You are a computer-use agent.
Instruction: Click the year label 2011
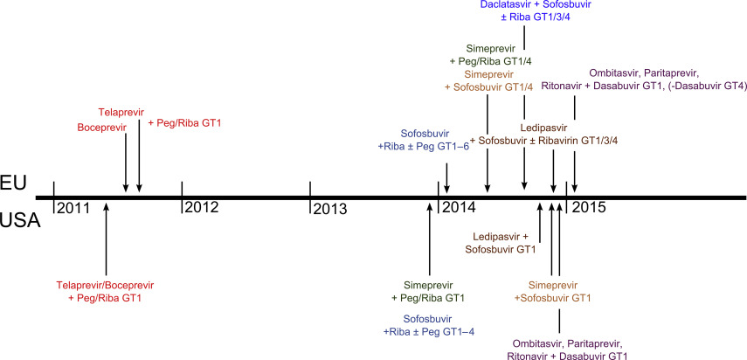(73, 208)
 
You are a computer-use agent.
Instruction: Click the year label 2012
(201, 208)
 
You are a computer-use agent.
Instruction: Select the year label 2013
(330, 209)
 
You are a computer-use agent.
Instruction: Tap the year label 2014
(458, 208)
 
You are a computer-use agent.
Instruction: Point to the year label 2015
(587, 208)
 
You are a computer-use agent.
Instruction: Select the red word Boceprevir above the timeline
(102, 128)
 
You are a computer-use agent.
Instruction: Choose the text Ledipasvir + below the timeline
(501, 236)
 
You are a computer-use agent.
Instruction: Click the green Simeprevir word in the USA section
(430, 285)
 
